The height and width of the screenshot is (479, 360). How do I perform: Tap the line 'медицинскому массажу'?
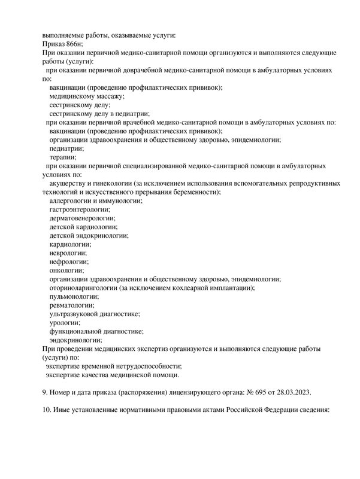pyautogui.click(x=86, y=96)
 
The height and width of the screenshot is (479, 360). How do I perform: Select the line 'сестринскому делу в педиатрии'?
pyautogui.click(x=99, y=113)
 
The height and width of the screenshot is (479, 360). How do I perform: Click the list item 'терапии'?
pyautogui.click(x=63, y=157)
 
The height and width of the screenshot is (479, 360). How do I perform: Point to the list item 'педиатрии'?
pyautogui.click(x=66, y=148)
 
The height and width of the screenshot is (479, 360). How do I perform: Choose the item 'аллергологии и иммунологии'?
pyautogui.click(x=96, y=201)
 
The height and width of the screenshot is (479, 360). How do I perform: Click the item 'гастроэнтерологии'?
pyautogui.click(x=80, y=210)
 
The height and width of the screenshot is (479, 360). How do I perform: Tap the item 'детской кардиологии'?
pyautogui.click(x=83, y=227)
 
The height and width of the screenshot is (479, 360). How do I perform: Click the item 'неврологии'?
pyautogui.click(x=69, y=253)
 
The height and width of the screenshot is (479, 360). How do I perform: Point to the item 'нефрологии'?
pyautogui.click(x=69, y=262)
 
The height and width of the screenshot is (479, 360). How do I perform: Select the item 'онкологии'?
pyautogui.click(x=68, y=270)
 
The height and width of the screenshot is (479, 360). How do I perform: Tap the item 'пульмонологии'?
pyautogui.click(x=74, y=296)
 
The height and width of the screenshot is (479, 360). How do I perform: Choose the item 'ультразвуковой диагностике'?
pyautogui.click(x=95, y=314)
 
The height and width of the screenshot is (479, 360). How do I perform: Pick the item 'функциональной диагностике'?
pyautogui.click(x=96, y=331)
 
